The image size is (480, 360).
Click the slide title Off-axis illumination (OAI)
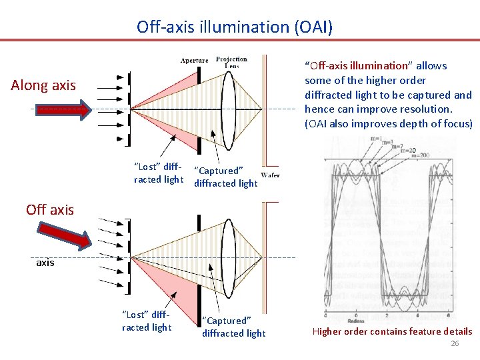pyautogui.click(x=234, y=27)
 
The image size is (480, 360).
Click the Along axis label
pyautogui.click(x=43, y=85)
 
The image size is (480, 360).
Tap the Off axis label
pyautogui.click(x=50, y=209)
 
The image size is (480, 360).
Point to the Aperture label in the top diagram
pyautogui.click(x=194, y=61)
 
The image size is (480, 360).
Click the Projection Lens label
pyautogui.click(x=231, y=62)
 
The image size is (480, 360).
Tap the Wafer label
pyautogui.click(x=270, y=175)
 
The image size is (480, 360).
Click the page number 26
pyautogui.click(x=455, y=344)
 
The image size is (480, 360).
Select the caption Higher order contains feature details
pyautogui.click(x=392, y=331)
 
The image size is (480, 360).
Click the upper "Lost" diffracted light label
pyautogui.click(x=158, y=173)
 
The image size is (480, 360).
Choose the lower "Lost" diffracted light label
pyautogui.click(x=146, y=321)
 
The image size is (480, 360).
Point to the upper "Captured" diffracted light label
pyautogui.click(x=225, y=177)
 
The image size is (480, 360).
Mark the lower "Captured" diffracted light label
pyautogui.click(x=233, y=327)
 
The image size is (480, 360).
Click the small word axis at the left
pyautogui.click(x=45, y=263)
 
